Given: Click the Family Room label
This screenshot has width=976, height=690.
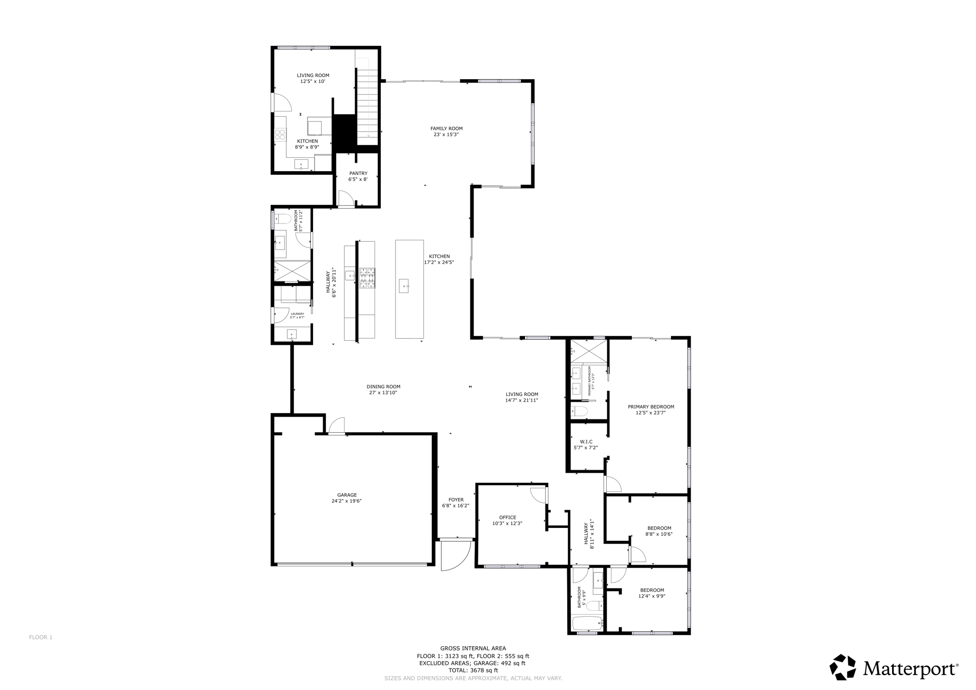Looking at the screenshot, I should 447,129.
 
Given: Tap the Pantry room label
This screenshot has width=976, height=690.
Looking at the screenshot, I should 358,173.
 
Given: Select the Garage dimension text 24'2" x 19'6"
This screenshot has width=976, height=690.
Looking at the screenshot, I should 346,501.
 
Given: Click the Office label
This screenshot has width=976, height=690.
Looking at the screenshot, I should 508,517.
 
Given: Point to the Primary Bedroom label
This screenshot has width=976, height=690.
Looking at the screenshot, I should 651,407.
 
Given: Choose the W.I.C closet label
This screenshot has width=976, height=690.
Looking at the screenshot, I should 586,442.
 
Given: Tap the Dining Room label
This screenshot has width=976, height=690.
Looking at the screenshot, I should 383,387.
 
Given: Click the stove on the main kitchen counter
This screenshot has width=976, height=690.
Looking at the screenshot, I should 367,278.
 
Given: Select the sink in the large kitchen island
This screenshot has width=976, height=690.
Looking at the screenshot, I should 404,286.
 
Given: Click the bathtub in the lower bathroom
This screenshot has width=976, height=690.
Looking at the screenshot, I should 587,623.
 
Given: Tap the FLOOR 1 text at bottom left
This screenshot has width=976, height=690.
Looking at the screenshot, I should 41,637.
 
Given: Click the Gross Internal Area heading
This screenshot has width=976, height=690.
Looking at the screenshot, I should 473,648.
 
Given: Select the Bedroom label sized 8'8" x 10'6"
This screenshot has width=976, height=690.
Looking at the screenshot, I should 659,528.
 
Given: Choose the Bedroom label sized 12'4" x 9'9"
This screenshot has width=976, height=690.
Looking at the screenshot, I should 651,590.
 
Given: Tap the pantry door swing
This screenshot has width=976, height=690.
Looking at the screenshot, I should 345,198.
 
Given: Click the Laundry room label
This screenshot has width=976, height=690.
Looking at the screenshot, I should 297,314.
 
